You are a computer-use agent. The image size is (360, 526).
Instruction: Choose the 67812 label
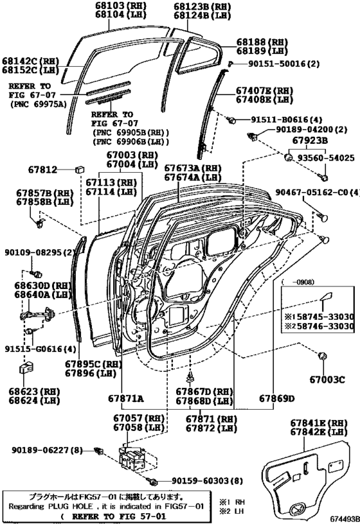point(43,170)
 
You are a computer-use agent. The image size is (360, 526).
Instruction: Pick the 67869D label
point(277,399)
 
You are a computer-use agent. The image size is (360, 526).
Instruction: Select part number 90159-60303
point(199,481)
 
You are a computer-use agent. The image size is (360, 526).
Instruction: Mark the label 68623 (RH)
point(28,390)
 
